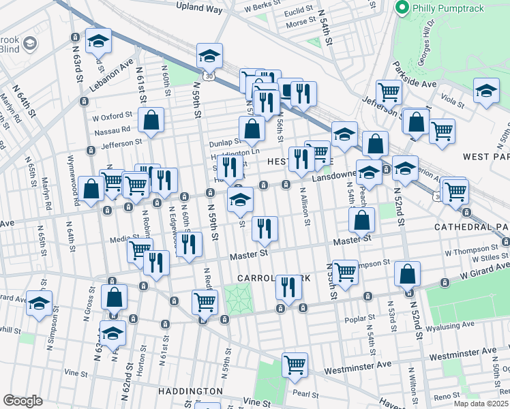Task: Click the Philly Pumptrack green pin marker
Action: [x=402, y=7]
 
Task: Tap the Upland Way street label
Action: [x=199, y=9]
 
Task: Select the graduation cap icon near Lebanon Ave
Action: [x=98, y=42]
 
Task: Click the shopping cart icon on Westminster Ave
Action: [x=295, y=364]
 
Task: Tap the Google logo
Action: [x=22, y=400]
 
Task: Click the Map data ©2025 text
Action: [x=481, y=404]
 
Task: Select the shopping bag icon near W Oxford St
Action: [x=151, y=120]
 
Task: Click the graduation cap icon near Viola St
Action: [x=486, y=91]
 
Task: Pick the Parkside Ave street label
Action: [x=414, y=84]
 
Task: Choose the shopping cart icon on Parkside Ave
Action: [x=388, y=91]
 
